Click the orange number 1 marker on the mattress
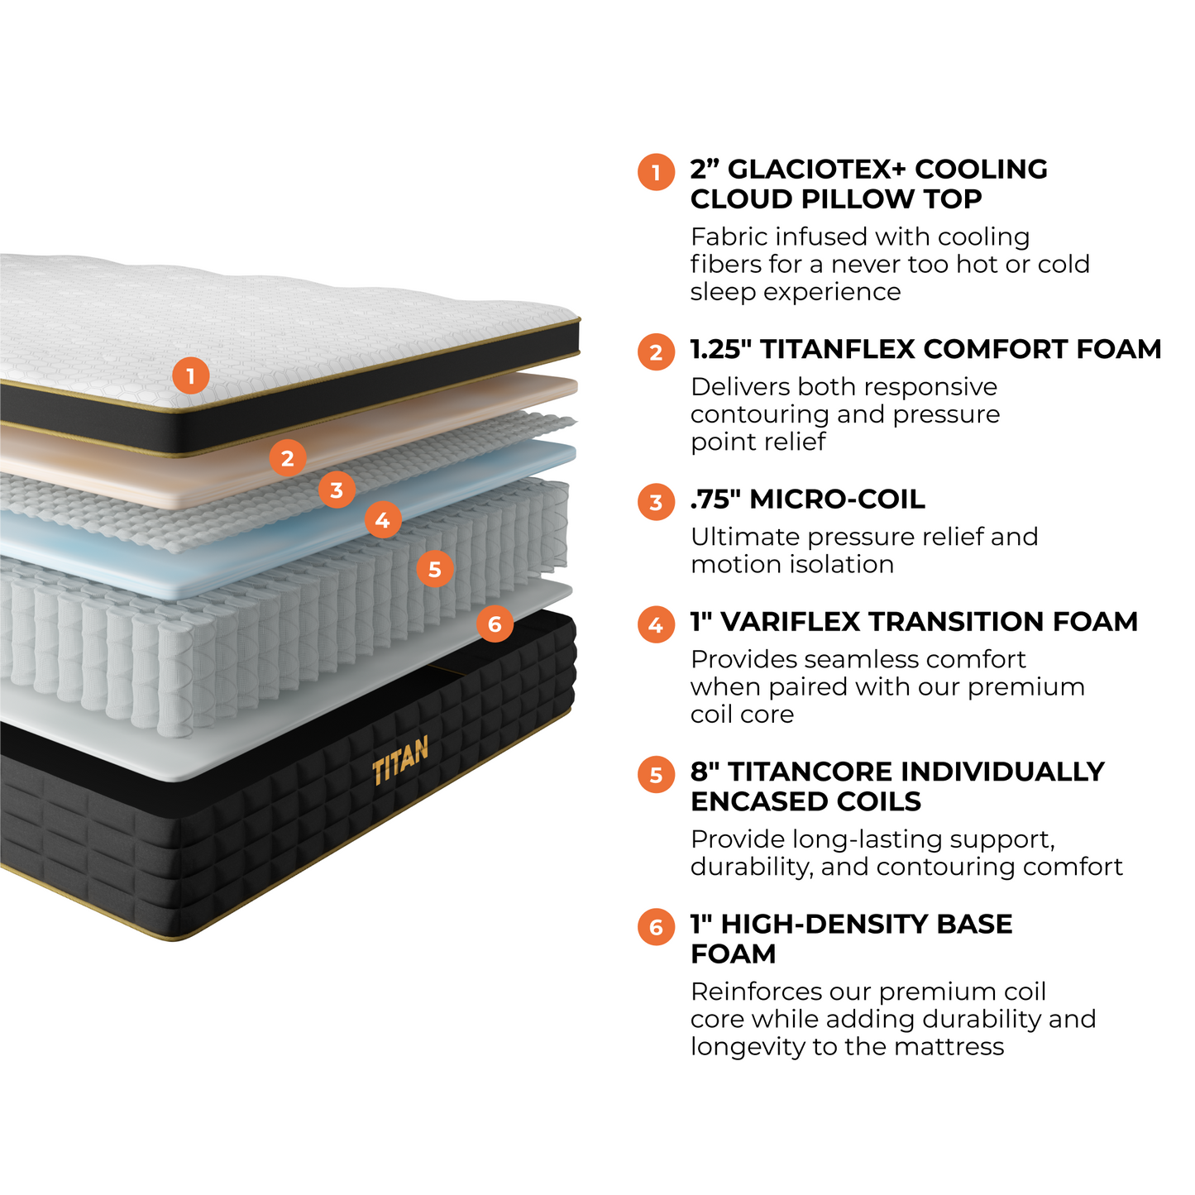[x=190, y=376]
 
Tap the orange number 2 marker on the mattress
[x=287, y=457]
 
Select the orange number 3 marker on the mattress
[x=337, y=490]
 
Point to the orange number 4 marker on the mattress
[x=383, y=520]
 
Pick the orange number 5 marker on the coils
[x=435, y=569]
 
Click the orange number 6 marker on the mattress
[x=495, y=624]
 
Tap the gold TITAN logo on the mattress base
[x=400, y=761]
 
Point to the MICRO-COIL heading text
[x=837, y=500]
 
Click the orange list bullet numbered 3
[x=656, y=502]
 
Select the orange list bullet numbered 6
[x=656, y=927]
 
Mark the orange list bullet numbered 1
[x=656, y=172]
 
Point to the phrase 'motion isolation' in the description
[x=792, y=565]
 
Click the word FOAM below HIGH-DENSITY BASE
[x=734, y=954]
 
